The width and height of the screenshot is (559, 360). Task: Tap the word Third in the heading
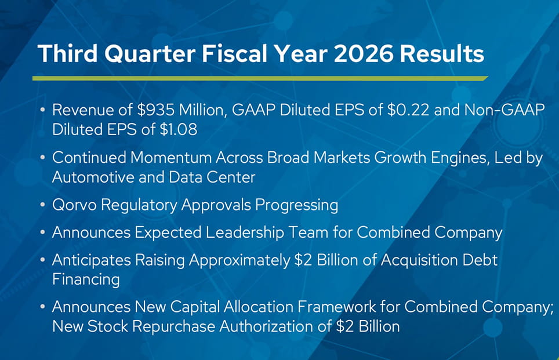tap(67, 54)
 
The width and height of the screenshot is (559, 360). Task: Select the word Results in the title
tap(442, 54)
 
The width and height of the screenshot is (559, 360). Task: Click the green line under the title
tap(260, 78)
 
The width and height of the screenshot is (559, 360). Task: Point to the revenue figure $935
tap(156, 110)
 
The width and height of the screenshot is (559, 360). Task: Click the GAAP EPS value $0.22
tap(408, 110)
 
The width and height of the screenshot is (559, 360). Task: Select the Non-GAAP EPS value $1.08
tap(178, 129)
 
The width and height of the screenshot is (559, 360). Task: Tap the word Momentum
tap(170, 158)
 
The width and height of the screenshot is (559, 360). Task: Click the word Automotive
tap(93, 177)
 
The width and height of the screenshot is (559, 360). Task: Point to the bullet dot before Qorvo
tap(43, 205)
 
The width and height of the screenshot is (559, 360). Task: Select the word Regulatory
tap(139, 206)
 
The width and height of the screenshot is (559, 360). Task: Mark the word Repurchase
tap(173, 327)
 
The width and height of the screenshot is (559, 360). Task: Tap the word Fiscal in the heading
tap(235, 54)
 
